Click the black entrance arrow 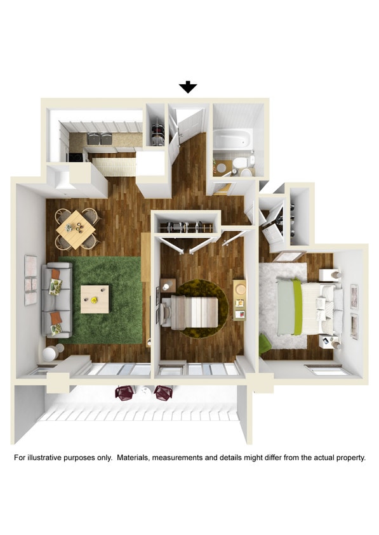[x=188, y=87]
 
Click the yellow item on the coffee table [x=93, y=298]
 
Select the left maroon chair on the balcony [x=123, y=392]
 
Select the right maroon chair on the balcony [x=164, y=392]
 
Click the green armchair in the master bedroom [x=265, y=343]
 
